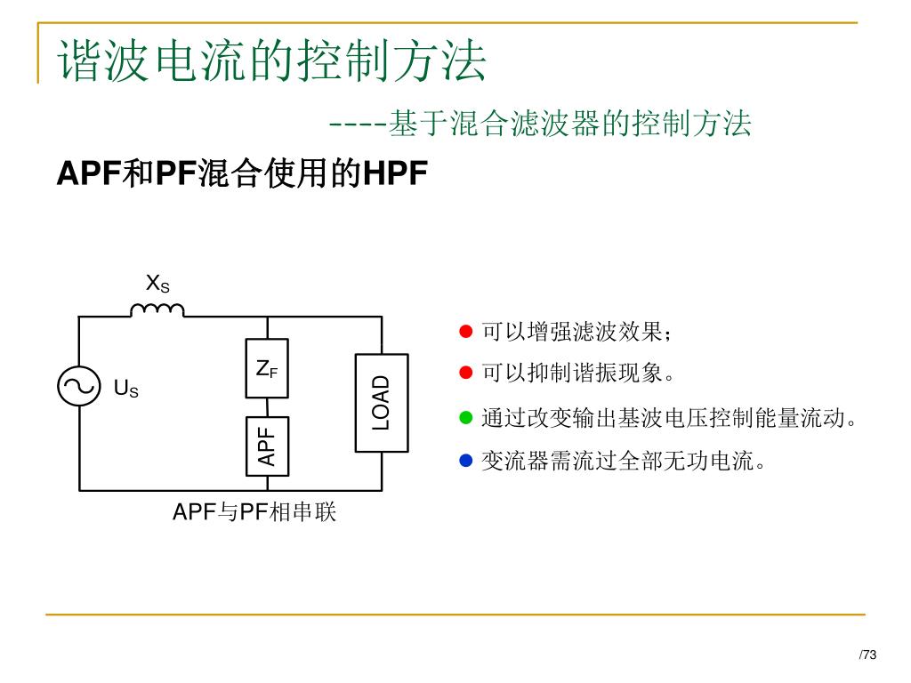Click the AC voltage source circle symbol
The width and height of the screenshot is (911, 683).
coord(77,386)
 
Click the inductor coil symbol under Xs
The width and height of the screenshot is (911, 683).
coord(157,309)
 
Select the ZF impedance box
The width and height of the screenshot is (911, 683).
coord(267,367)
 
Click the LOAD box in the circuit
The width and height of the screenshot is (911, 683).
coord(381,402)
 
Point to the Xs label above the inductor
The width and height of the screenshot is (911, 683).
coord(157,284)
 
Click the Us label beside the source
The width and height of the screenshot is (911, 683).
coord(126,388)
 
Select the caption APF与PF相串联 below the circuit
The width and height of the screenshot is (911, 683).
coord(254,512)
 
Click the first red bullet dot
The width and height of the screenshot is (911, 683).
coord(465,333)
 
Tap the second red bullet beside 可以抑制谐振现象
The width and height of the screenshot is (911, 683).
coord(465,373)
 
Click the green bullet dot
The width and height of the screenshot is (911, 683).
coord(465,417)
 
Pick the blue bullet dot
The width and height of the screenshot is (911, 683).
coord(465,461)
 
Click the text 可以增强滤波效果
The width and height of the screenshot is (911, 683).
coord(576,333)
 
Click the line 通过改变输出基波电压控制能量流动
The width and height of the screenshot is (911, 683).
coord(669,417)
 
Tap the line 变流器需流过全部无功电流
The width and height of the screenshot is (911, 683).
coord(623,461)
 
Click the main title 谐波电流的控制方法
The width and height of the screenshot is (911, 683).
coord(272,60)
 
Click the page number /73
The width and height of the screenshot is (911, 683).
coord(867,655)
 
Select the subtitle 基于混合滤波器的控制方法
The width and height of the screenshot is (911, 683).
coord(569,123)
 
